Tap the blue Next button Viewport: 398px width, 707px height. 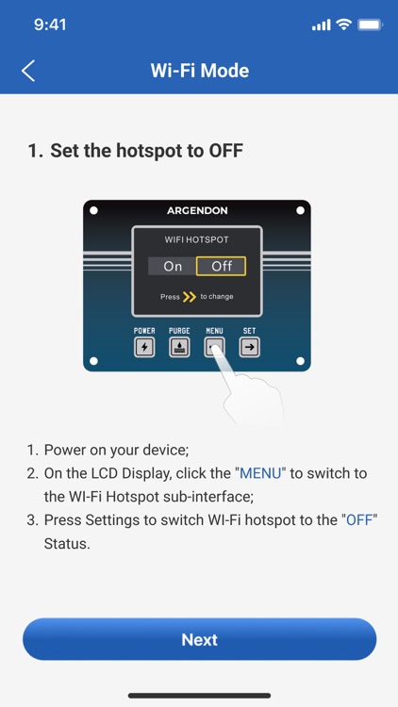point(199,639)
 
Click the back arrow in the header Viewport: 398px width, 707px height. point(28,71)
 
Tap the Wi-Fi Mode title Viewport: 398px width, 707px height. point(199,71)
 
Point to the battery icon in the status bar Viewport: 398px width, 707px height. point(370,25)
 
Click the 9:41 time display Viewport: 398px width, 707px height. point(50,25)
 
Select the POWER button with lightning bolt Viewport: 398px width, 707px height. point(144,347)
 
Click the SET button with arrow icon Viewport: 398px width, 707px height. point(250,347)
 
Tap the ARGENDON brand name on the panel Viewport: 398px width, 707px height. point(197,210)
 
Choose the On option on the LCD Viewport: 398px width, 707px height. point(173,266)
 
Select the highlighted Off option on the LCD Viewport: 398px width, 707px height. point(221,266)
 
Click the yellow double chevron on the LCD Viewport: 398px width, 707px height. point(190,297)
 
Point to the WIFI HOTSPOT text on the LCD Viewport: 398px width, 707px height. point(196,239)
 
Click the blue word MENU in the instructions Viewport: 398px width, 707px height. point(260,473)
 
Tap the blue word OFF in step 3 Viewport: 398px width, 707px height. point(359,519)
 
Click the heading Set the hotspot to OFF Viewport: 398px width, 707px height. point(146,150)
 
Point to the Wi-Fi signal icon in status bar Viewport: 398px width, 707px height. point(344,25)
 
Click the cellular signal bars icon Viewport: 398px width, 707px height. point(321,25)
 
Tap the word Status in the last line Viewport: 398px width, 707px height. point(67,543)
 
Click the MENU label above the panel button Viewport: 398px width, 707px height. point(214,331)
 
